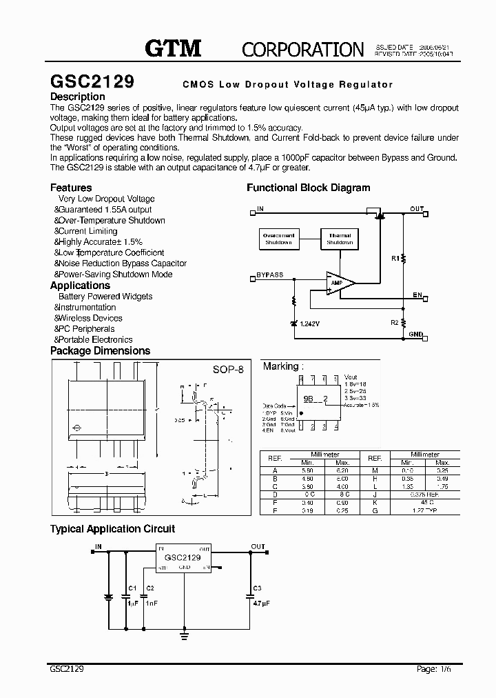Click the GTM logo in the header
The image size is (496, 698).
(173, 48)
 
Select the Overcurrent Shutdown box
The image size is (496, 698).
(278, 239)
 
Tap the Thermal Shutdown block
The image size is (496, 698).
(340, 239)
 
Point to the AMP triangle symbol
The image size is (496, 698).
(340, 283)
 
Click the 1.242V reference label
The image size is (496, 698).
(311, 323)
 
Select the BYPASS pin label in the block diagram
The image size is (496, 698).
(269, 275)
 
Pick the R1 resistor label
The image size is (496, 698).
(395, 259)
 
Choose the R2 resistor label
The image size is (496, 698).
(395, 322)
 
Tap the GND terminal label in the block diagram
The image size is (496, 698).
(416, 334)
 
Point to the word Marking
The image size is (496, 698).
(280, 366)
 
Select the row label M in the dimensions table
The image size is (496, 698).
(375, 470)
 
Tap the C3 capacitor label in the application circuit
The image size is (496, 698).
(258, 588)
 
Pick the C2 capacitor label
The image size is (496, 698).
(150, 588)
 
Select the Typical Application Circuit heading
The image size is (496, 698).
(112, 529)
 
